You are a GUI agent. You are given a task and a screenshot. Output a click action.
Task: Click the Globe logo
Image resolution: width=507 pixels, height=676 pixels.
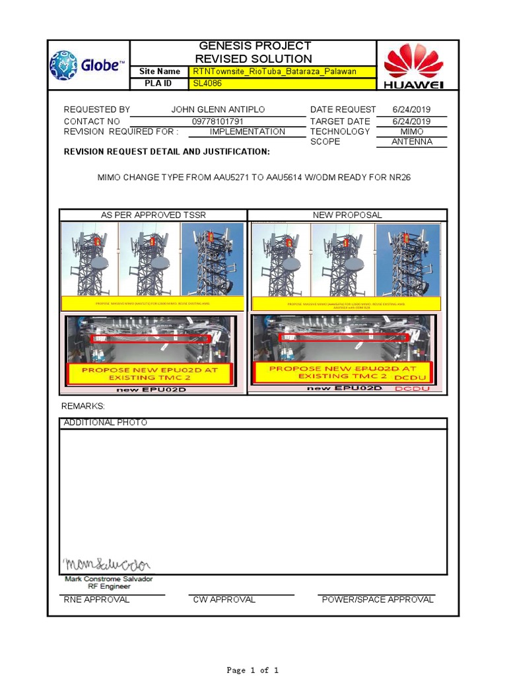click(88, 65)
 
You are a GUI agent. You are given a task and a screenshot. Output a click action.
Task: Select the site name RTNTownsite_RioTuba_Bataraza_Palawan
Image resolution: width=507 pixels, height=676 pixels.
click(275, 71)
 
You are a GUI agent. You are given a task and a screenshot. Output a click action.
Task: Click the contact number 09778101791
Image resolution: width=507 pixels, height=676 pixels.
click(218, 121)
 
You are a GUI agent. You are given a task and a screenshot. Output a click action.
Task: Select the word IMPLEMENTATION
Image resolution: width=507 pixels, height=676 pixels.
click(248, 131)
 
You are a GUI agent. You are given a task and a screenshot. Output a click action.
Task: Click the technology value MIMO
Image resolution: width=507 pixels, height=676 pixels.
click(411, 131)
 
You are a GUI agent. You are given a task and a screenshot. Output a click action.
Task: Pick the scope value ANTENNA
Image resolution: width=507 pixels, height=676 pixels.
click(411, 142)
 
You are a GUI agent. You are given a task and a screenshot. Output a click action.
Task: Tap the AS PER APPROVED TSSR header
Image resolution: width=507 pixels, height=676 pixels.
click(153, 215)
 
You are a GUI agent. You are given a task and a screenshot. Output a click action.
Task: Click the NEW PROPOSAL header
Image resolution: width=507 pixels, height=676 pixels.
click(347, 215)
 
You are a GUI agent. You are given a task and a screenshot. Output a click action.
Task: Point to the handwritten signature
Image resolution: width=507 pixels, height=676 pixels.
click(107, 564)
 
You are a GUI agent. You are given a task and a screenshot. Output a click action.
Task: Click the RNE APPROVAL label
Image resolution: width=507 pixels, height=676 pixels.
click(97, 600)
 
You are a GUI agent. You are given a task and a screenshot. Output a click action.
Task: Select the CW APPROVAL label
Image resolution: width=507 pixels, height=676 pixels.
click(224, 600)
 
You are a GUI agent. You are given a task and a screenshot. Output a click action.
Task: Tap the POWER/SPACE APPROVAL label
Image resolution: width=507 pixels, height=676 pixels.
click(378, 600)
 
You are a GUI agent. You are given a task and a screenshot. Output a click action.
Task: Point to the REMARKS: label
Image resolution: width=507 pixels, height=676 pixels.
click(83, 406)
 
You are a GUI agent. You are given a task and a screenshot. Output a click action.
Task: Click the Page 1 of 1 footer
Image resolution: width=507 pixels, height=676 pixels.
click(253, 670)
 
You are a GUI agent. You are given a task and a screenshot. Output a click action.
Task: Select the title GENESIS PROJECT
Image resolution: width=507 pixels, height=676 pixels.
click(255, 46)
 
